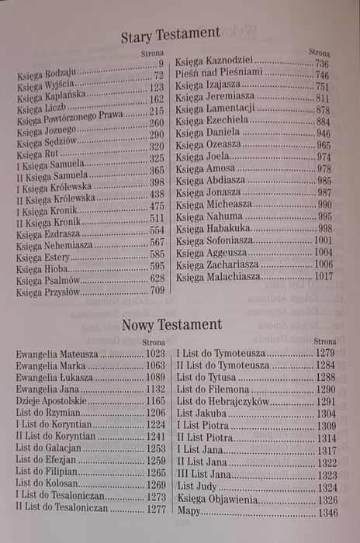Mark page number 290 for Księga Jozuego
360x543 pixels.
(x=157, y=134)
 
